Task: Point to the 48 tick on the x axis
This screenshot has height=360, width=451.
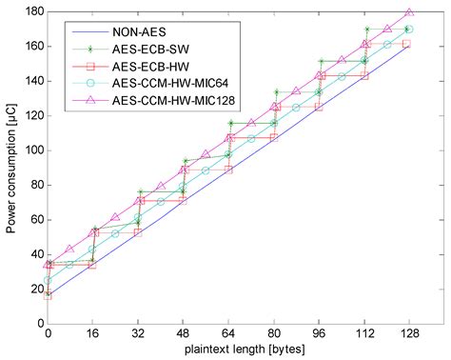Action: [185, 334]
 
